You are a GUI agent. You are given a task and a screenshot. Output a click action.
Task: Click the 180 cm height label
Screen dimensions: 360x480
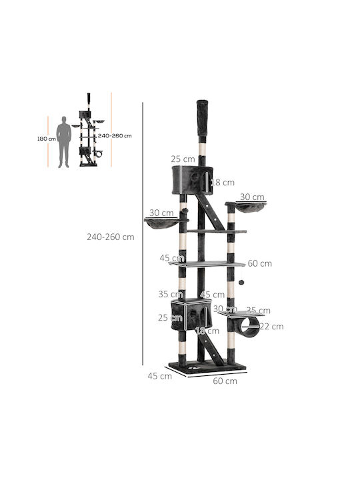[x=47, y=139]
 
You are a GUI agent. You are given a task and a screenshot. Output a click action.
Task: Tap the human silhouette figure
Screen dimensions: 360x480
[x=64, y=142]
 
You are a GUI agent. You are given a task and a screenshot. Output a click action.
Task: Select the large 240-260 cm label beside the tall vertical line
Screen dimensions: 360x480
[x=111, y=237]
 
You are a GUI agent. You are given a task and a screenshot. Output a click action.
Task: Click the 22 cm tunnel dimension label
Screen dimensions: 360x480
[x=271, y=326]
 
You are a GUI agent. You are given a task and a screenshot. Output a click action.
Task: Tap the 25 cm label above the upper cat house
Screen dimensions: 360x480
[x=183, y=159]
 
